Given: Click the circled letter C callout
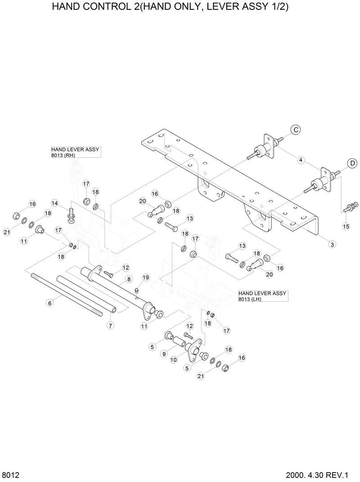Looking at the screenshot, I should [295, 130].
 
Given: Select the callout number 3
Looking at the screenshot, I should [332, 244].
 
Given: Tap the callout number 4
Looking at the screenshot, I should [301, 160].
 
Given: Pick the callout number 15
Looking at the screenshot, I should [346, 226].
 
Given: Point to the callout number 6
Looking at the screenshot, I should [50, 303].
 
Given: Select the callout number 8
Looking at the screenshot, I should [129, 279].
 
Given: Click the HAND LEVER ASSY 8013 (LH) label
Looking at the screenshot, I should [262, 295].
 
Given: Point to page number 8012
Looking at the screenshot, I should [9, 475].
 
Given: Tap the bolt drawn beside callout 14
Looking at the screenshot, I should [71, 214].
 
